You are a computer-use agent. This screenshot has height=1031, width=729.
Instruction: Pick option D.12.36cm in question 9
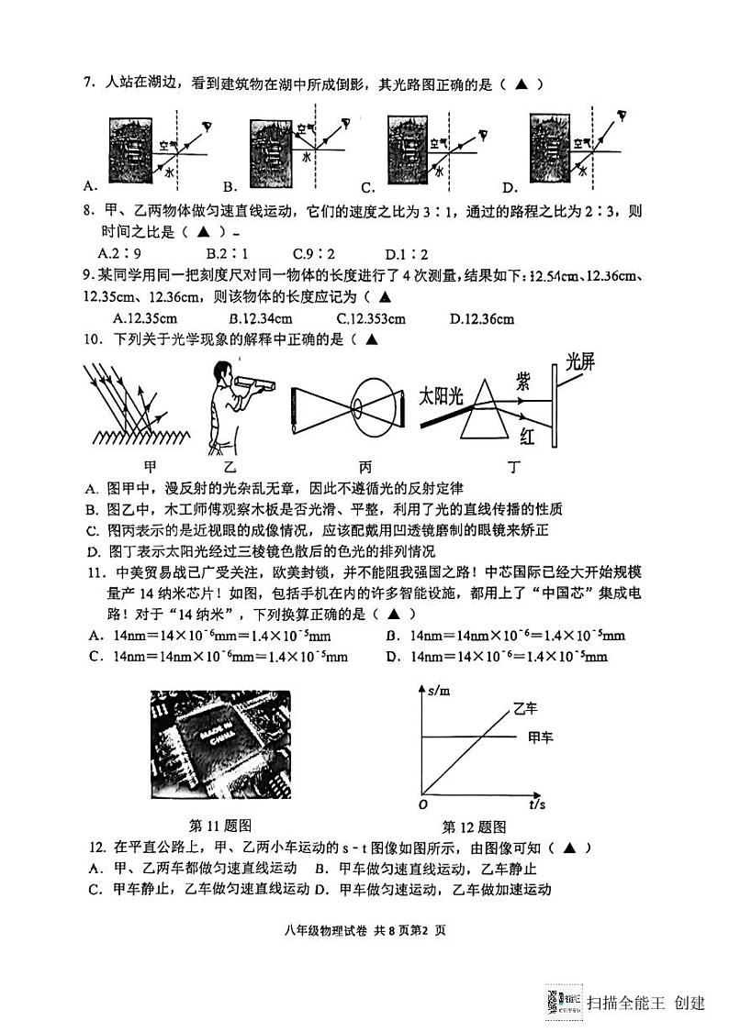click(481, 318)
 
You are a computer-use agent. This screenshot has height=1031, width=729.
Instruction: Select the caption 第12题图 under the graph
click(475, 825)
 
